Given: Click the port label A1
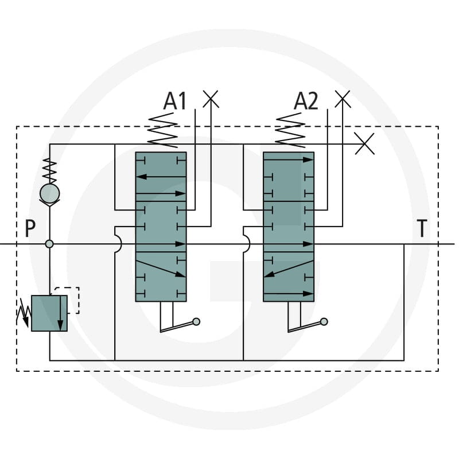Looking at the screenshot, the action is click(175, 101).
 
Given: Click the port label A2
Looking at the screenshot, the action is click(306, 101).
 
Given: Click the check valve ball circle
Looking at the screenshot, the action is click(50, 193).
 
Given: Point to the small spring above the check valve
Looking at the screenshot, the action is click(50, 171).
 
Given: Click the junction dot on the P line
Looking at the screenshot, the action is click(49, 244).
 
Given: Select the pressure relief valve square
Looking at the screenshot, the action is click(49, 313).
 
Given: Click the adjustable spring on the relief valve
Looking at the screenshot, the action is click(24, 313).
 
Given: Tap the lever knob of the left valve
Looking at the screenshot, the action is click(196, 322).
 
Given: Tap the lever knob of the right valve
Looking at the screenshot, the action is click(324, 322).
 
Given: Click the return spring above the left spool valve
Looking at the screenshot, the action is click(163, 130).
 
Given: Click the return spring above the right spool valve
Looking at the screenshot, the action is click(290, 130).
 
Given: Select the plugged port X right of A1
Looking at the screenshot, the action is click(211, 99).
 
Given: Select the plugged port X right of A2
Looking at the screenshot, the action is click(343, 99).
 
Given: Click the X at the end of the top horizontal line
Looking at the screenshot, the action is click(364, 144).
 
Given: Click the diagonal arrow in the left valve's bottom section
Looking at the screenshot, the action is click(161, 269).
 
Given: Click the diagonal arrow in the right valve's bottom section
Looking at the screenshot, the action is click(289, 269).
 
